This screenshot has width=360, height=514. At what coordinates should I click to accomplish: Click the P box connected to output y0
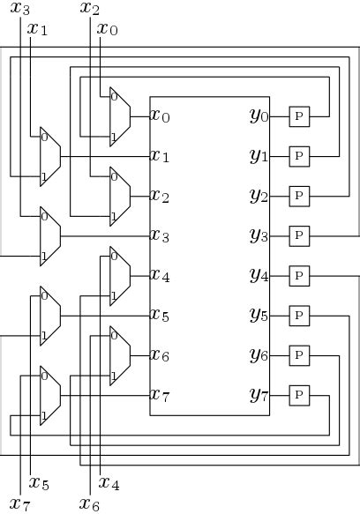coord(299,115)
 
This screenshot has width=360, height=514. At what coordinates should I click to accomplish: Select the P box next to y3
coord(299,235)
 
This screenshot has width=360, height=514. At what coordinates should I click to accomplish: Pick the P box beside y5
coord(299,315)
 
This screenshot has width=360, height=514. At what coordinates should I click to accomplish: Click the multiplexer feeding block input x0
coord(119,115)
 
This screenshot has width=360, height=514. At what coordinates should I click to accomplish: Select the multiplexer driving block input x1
coord(49,156)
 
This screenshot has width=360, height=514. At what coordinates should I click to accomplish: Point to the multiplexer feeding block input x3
coord(49,235)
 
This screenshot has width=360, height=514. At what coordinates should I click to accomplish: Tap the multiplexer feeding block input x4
coord(119,276)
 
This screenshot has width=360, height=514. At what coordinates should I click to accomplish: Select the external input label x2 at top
coord(89,9)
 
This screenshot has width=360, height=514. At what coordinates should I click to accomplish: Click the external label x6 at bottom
coord(89,504)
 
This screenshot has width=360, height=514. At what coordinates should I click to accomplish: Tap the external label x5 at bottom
coord(39,483)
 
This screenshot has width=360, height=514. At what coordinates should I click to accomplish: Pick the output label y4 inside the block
coord(259,276)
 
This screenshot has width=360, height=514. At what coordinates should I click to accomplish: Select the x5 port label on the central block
coord(160,315)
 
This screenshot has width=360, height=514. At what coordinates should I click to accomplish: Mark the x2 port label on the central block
coord(160,195)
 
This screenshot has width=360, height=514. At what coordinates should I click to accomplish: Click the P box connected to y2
coord(299,195)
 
